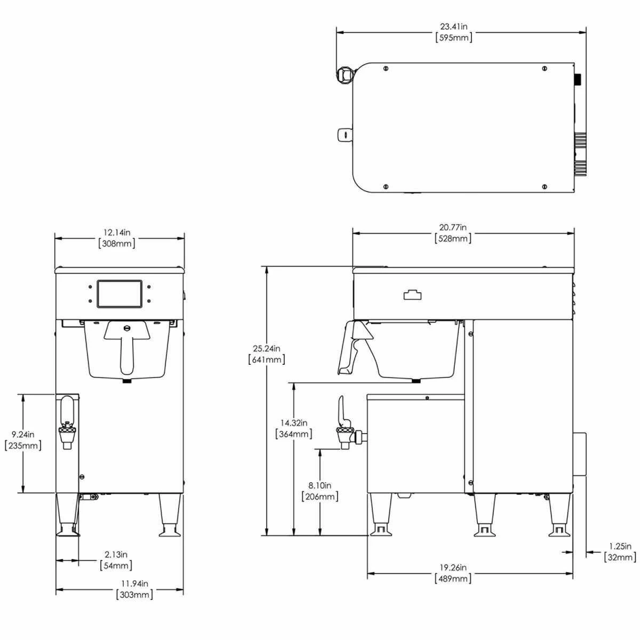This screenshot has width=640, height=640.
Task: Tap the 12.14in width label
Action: point(117,233)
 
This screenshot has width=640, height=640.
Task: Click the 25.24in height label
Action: point(267,348)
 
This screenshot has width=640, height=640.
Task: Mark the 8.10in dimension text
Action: point(320,485)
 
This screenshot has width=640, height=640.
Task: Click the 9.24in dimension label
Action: point(22,434)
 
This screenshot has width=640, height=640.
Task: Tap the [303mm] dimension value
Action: point(134,595)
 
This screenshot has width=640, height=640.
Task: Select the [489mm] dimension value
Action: point(453,579)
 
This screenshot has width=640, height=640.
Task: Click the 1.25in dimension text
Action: point(620,546)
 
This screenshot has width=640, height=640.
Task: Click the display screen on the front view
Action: point(119,294)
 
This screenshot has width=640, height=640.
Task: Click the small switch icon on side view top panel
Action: point(411,295)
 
